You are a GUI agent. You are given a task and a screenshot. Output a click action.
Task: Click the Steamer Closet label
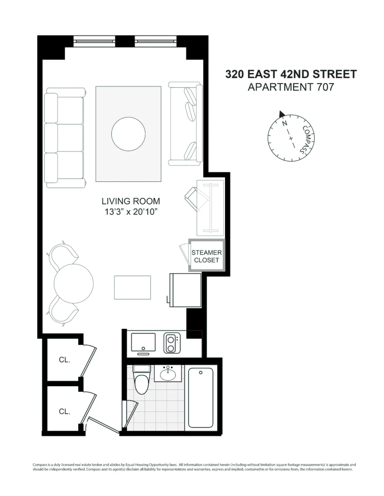206,256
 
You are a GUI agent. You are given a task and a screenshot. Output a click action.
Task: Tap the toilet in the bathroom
142,379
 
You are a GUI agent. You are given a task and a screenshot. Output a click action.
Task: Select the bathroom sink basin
168,375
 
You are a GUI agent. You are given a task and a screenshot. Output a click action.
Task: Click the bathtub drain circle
201,373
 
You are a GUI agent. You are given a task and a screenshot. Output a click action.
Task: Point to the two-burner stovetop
172,343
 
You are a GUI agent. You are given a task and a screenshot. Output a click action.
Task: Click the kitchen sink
143,342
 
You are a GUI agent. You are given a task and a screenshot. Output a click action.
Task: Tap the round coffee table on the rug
128,134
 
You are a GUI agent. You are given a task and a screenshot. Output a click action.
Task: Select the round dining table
73,283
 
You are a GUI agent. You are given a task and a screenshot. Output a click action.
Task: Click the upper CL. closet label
65,360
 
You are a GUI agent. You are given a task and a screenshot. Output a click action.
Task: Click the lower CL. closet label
65,411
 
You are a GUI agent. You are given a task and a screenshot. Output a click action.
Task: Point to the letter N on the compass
284,123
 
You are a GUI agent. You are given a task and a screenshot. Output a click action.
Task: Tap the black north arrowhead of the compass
282,114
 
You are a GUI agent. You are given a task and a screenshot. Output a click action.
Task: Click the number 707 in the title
325,87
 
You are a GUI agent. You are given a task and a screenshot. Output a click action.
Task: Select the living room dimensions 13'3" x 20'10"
131,212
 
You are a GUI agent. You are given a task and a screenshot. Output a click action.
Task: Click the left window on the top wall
94,41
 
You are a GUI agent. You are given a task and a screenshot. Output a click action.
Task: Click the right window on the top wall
156,41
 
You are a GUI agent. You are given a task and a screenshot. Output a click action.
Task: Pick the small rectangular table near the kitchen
132,287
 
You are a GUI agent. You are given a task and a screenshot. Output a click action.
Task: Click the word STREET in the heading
335,74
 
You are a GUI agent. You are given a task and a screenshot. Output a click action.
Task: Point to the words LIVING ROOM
131,201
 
